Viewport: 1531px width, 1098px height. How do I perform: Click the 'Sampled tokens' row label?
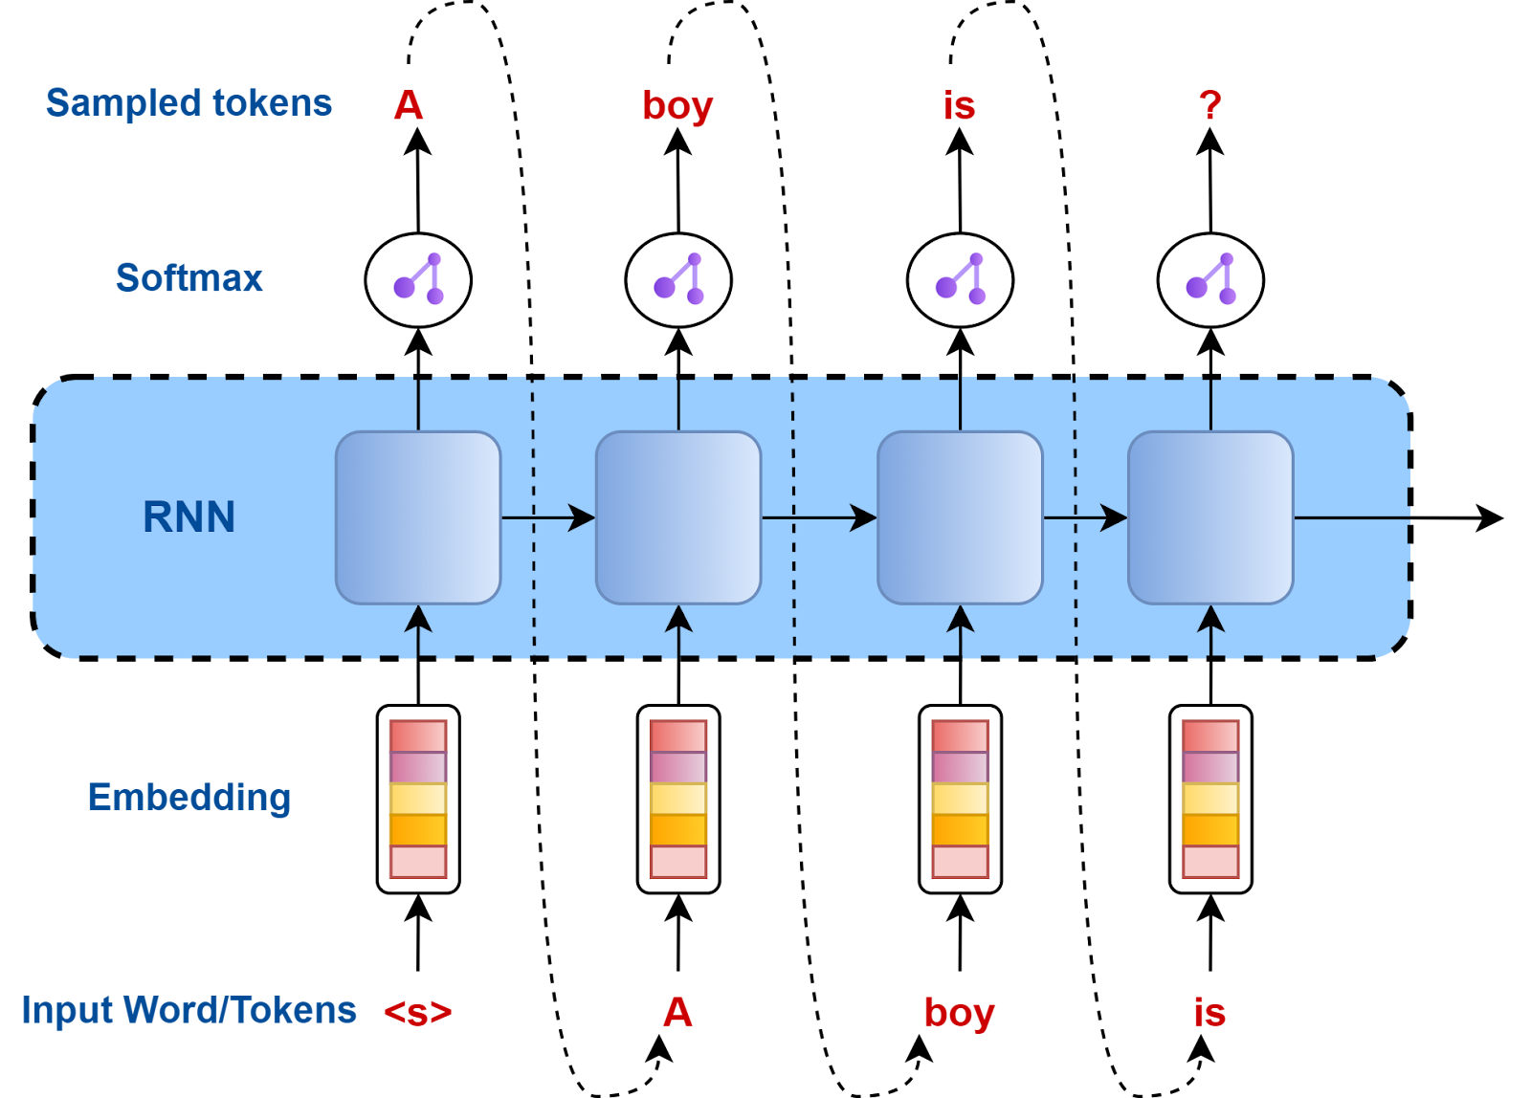[189, 103]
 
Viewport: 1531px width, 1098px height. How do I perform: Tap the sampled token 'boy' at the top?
[677, 105]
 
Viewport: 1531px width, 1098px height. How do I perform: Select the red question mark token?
[1210, 105]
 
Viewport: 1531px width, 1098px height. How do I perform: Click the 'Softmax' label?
[189, 278]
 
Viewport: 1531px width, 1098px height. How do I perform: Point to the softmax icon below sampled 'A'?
[418, 280]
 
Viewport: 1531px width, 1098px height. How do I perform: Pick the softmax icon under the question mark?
[1210, 280]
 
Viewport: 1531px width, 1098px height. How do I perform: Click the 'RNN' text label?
[189, 517]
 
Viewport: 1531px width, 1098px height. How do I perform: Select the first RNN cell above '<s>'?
[418, 517]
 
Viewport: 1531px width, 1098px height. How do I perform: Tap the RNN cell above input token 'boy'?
[960, 517]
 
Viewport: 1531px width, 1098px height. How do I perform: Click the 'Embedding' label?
[189, 798]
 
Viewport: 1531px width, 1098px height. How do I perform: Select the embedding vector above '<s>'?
[418, 799]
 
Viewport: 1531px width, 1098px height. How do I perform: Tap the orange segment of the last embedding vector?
[1210, 829]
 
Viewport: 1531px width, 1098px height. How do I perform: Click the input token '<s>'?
[417, 1012]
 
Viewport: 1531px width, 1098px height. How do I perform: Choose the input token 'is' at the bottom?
[1209, 1012]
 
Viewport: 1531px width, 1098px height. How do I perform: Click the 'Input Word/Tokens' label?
[189, 1010]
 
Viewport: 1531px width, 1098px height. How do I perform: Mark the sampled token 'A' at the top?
[409, 105]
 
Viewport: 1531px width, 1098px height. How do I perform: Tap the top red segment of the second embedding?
[678, 736]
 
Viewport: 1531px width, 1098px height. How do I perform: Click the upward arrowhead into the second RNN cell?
[678, 619]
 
